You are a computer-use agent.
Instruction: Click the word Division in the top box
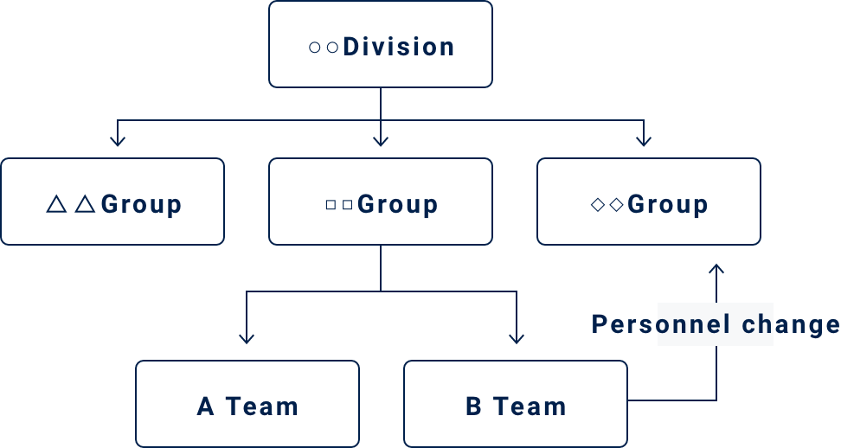[x=399, y=46]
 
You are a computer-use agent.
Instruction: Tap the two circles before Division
[x=324, y=47]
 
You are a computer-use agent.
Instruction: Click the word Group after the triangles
[x=141, y=205]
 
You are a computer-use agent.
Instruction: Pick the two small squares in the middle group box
[x=338, y=205]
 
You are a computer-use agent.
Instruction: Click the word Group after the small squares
[x=397, y=205]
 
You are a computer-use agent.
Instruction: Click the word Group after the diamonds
[x=668, y=205]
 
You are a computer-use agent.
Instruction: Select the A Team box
[x=247, y=404]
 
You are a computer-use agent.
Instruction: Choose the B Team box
[x=516, y=404]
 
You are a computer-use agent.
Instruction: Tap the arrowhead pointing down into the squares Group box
[x=381, y=139]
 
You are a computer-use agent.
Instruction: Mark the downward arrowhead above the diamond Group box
[x=643, y=139]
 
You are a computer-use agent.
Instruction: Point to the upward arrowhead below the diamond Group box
[x=716, y=269]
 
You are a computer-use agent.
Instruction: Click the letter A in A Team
[x=205, y=406]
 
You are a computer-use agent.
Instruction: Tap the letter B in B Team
[x=474, y=406]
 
